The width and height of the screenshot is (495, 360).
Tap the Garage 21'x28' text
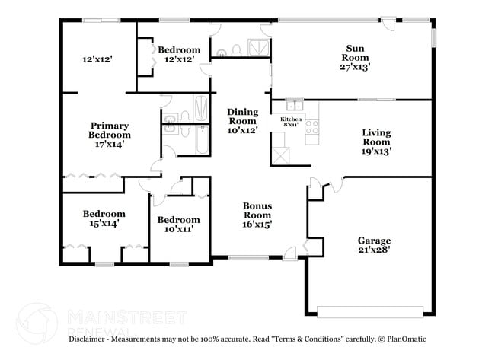coord(374,245)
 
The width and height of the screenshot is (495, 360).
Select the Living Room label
coord(375,142)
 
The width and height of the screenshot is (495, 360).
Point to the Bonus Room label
coord(257,215)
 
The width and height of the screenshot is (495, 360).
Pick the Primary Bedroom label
coord(110,134)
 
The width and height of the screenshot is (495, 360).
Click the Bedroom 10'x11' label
coord(178,225)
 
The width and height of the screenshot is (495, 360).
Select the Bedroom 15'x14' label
coord(104,219)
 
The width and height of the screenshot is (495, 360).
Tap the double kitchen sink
coord(294,105)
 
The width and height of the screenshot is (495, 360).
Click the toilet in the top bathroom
coord(237,50)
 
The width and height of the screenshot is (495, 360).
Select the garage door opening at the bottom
coord(370,311)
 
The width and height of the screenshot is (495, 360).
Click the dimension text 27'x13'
coord(355,67)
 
